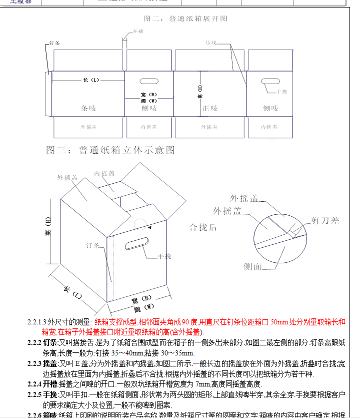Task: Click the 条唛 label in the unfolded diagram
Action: coord(88,108)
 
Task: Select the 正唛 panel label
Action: coord(210,108)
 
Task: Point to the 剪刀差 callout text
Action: coord(325,220)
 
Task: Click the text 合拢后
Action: coord(203,227)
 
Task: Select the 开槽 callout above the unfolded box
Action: coord(138,32)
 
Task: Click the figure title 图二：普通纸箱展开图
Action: coord(185,19)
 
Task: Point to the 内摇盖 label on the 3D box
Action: coord(104,173)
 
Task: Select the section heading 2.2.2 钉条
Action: coord(42,342)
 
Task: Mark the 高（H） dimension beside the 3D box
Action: coord(48,227)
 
